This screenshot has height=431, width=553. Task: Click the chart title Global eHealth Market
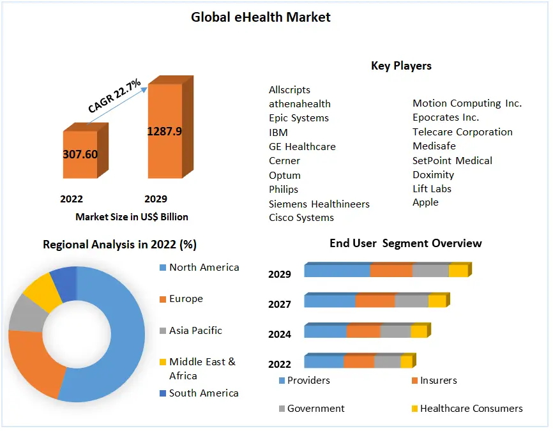tap(261, 17)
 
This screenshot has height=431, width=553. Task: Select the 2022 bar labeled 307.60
tap(80, 155)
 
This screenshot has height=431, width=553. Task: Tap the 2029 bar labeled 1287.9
tap(165, 132)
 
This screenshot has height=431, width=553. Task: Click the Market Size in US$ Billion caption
tap(132, 217)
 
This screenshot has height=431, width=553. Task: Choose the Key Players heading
tap(401, 66)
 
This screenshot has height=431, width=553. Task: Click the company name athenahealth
tap(299, 103)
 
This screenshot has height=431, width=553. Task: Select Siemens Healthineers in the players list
tap(319, 204)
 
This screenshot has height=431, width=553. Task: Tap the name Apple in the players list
tap(425, 202)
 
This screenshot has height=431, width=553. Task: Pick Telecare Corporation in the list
tap(462, 132)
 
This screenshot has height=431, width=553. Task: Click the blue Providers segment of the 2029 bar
tap(337, 271)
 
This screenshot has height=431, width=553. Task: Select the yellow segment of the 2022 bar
tap(406, 362)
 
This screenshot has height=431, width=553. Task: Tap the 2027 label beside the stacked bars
tap(280, 305)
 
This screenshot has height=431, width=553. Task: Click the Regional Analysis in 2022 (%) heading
tap(119, 245)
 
